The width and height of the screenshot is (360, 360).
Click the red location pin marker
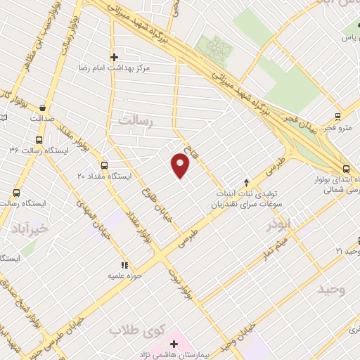[181, 167]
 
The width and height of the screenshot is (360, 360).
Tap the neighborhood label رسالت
[136, 121]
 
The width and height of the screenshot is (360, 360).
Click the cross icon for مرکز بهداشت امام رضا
[114, 57]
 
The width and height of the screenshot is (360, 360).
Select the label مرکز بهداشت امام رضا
[117, 70]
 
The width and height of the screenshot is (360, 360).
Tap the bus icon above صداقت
[43, 108]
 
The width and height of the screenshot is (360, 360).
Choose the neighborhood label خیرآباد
[31, 228]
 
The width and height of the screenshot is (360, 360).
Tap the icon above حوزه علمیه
[124, 265]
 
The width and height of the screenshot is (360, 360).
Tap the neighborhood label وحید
[332, 289]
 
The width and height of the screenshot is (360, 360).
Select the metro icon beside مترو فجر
[338, 117]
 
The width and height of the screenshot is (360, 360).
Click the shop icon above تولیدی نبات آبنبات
[246, 182]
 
